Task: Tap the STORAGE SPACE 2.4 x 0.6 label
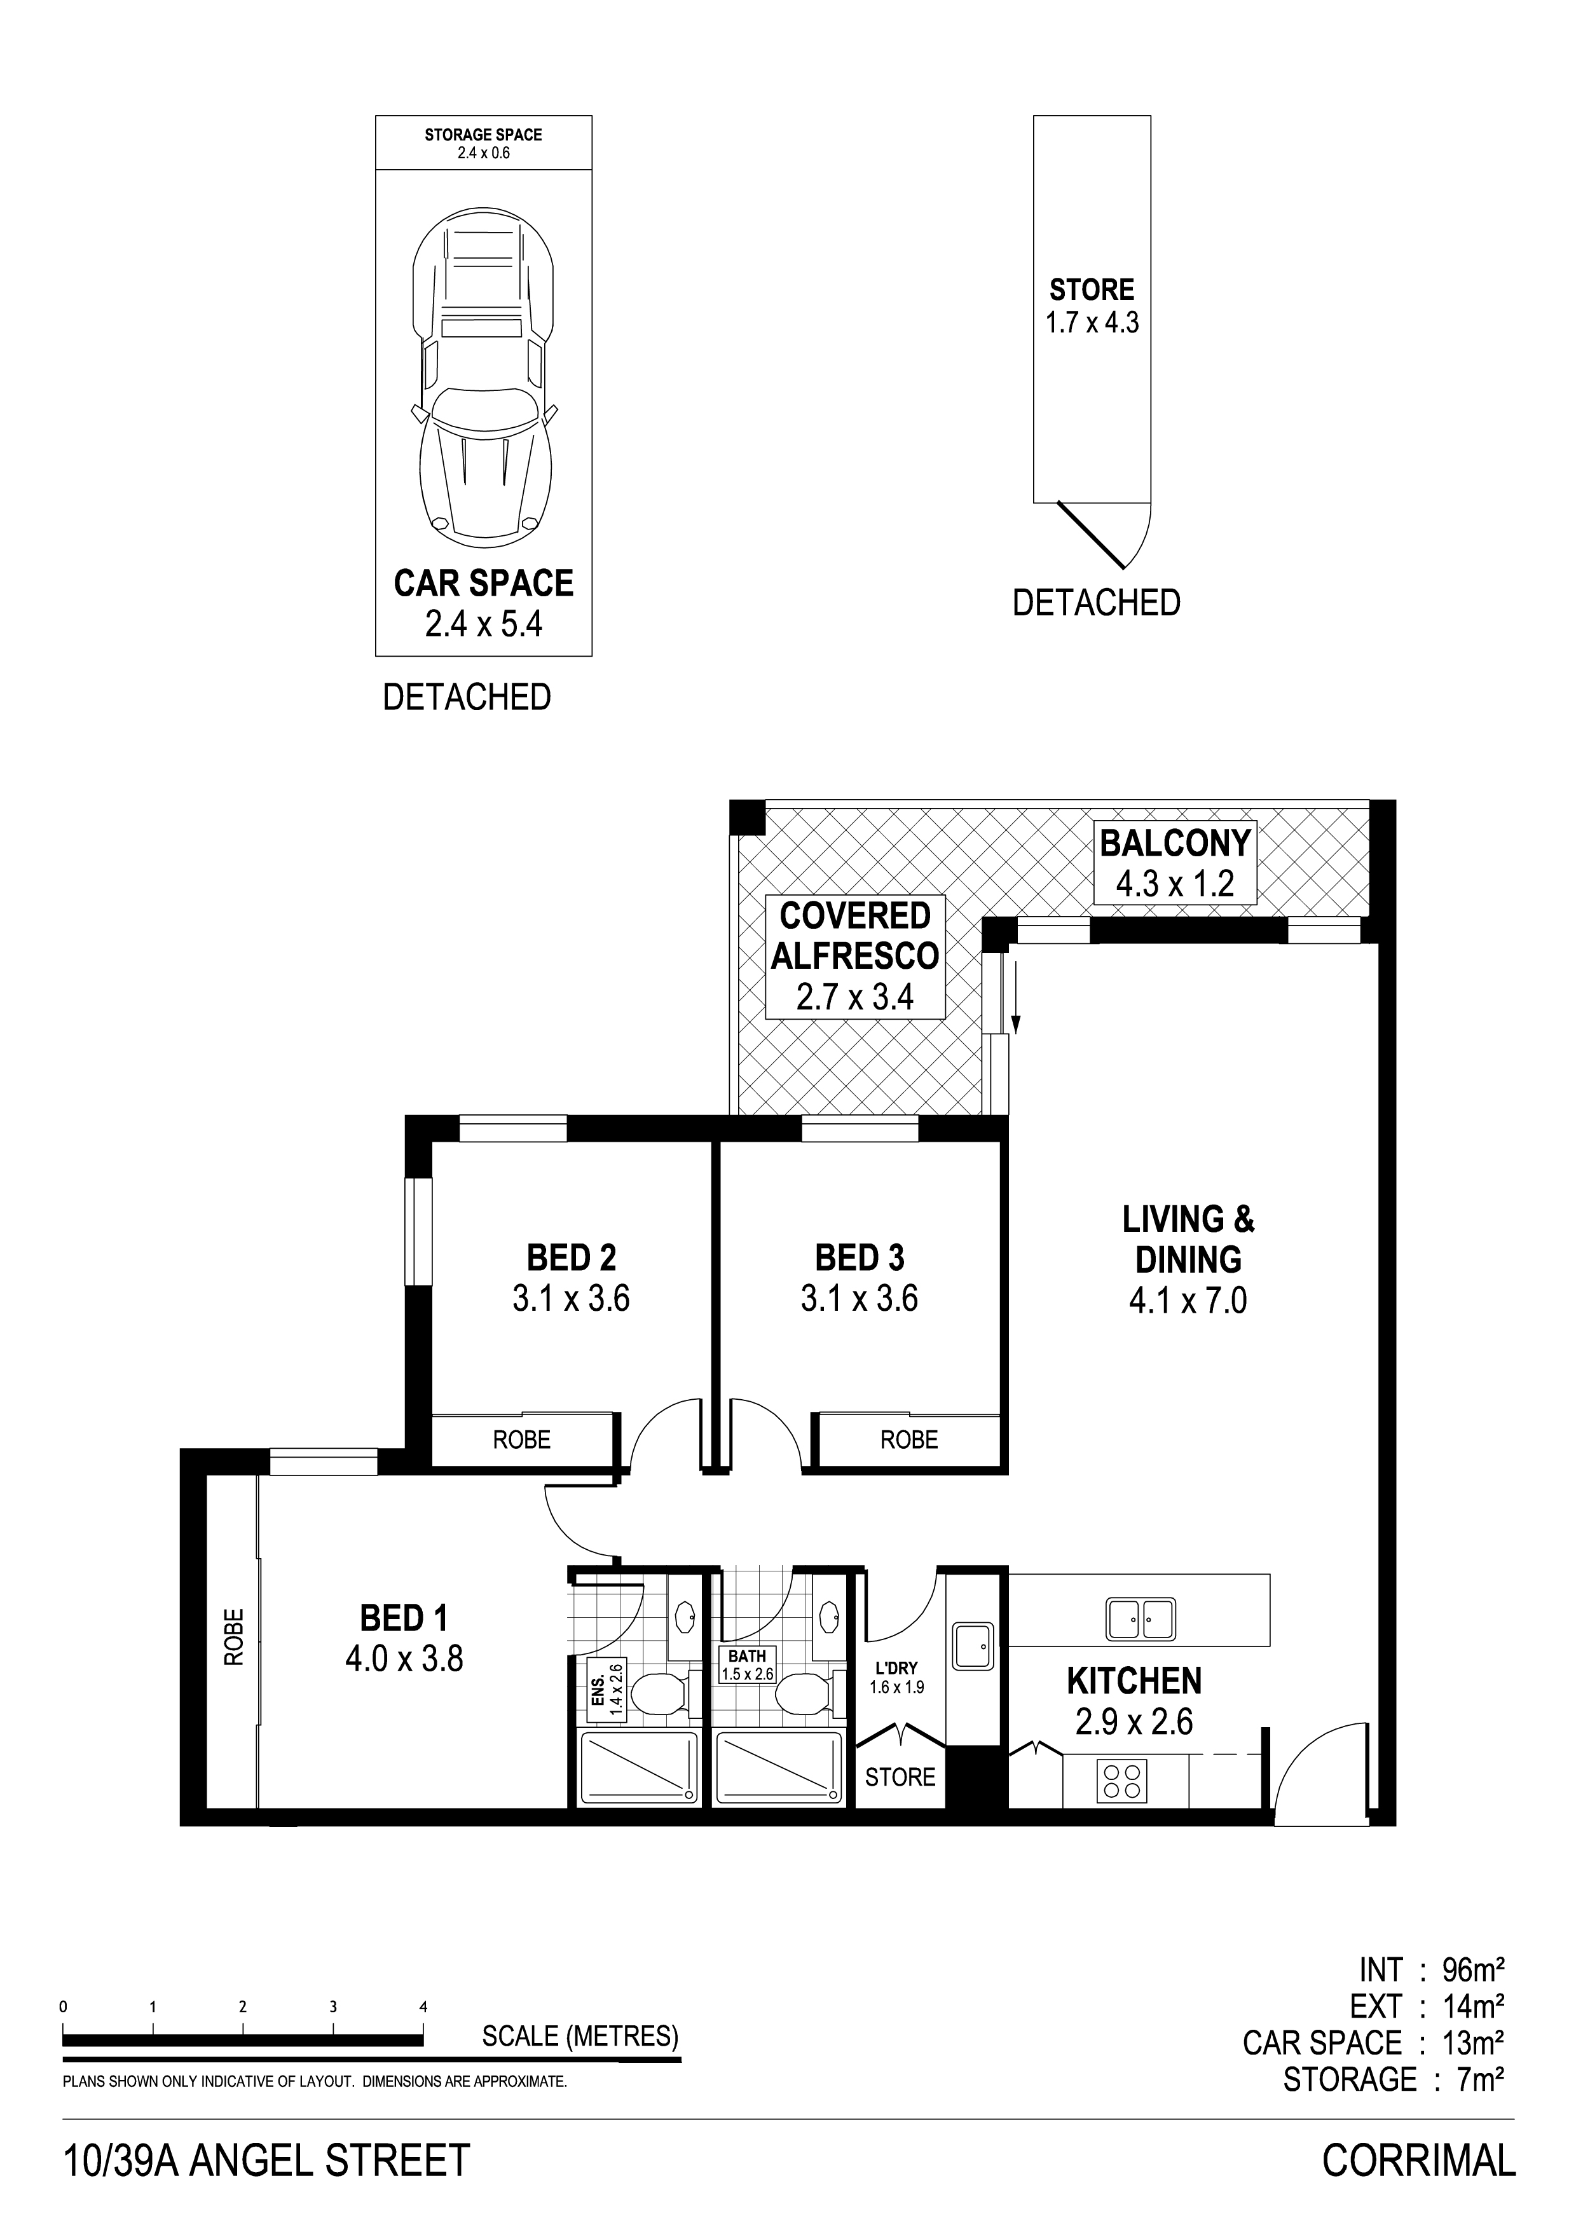coord(484,143)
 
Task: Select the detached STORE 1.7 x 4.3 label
coord(1092,305)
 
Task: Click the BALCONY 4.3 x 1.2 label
coord(1175,863)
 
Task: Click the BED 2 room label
coord(571,1258)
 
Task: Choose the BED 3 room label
coord(860,1258)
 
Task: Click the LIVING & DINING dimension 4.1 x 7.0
coord(1188,1299)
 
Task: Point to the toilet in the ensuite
coord(661,1696)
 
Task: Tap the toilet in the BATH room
coord(804,1696)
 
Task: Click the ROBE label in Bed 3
coord(909,1439)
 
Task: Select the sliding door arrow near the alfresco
coord(1016,995)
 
